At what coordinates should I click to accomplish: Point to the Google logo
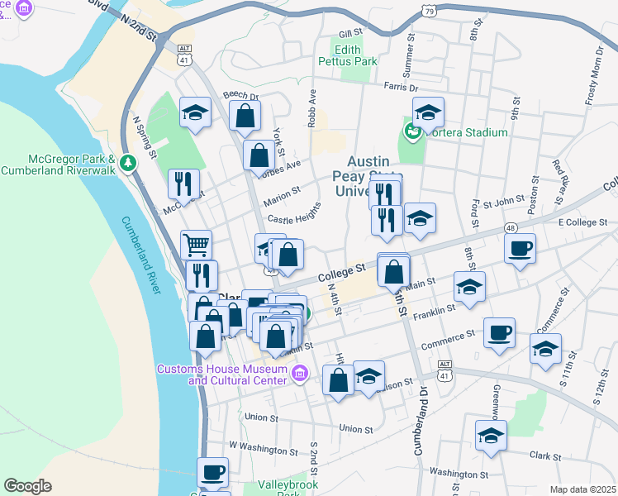(x=27, y=486)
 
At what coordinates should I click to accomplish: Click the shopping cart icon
(x=196, y=244)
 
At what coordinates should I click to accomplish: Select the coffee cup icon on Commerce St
(x=499, y=332)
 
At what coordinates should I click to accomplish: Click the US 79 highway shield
(x=426, y=11)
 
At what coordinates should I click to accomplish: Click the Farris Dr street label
(x=401, y=87)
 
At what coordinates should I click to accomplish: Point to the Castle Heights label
(x=294, y=218)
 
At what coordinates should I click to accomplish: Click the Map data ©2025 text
(x=582, y=489)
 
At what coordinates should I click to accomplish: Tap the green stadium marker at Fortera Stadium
(x=411, y=131)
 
